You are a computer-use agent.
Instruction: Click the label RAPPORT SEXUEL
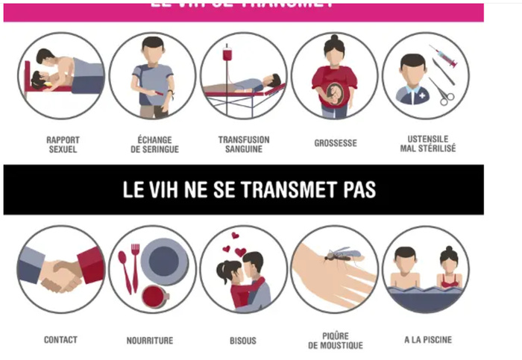(x=63, y=144)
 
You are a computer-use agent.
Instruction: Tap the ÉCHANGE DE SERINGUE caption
(x=154, y=144)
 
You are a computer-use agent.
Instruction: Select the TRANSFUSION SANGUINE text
(x=244, y=144)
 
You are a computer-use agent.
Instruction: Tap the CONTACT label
(x=60, y=340)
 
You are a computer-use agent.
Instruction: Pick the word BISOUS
(x=243, y=341)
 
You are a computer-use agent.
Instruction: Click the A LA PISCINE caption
(x=428, y=340)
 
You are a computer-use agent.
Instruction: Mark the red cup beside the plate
(x=155, y=296)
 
